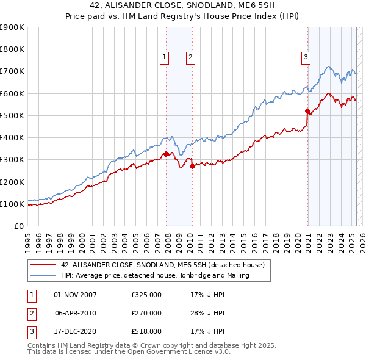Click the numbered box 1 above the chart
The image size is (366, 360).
pyautogui.click(x=165, y=57)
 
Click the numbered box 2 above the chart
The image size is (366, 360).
pyautogui.click(x=190, y=57)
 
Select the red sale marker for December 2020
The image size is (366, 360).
pyautogui.click(x=308, y=112)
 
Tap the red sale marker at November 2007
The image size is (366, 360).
pyautogui.click(x=167, y=154)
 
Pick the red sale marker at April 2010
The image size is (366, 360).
pyautogui.click(x=192, y=166)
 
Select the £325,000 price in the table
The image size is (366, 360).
pyautogui.click(x=146, y=294)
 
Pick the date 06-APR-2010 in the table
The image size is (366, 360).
pyautogui.click(x=76, y=313)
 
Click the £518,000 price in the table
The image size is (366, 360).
pyautogui.click(x=146, y=331)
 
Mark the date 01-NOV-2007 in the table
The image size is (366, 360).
pyautogui.click(x=76, y=294)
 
